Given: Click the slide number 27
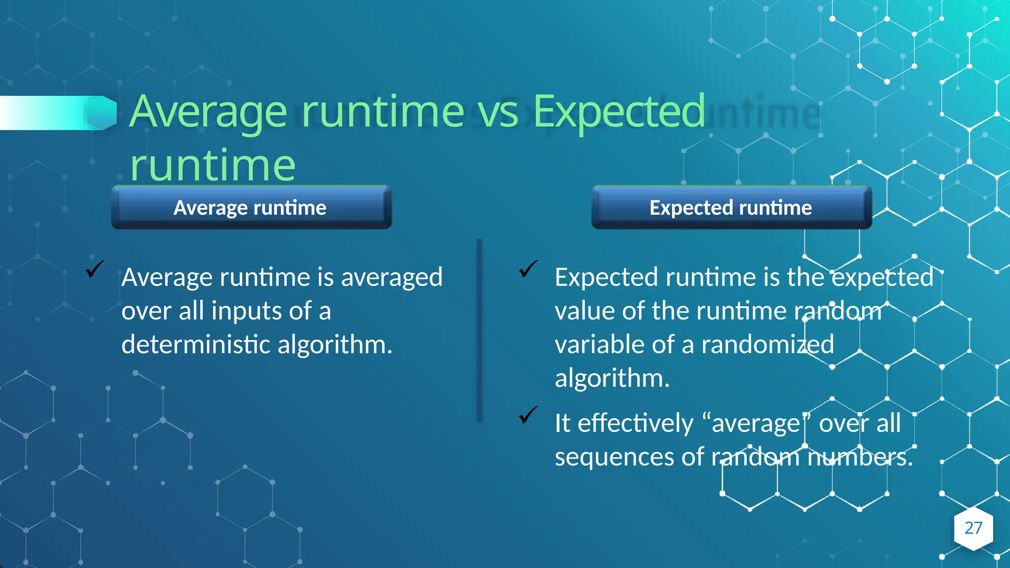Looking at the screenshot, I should tap(973, 528).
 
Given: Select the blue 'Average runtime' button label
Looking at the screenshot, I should tap(250, 208).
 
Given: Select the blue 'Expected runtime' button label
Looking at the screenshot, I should tap(730, 208).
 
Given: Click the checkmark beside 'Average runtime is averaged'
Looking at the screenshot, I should tap(94, 269).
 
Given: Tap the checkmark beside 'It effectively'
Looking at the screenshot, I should tap(528, 415).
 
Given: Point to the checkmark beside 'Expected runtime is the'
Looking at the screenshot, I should tap(528, 269).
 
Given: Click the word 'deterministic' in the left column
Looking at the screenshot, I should tap(196, 344).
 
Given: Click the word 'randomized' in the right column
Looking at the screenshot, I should tap(767, 344).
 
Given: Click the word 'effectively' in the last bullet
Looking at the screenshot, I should tap(635, 424).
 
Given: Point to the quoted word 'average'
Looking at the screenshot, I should tap(755, 424).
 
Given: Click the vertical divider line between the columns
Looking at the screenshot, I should tap(479, 330).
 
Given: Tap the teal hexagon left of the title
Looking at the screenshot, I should tap(102, 113).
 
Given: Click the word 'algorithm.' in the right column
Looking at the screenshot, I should tap(612, 378).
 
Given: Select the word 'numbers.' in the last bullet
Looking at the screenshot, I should tap(860, 457).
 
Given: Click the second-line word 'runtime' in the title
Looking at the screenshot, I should tap(213, 165).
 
